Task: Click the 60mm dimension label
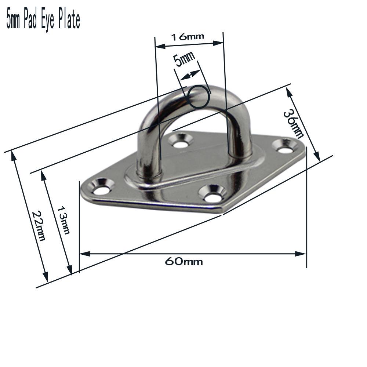click(183, 261)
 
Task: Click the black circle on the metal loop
click(199, 97)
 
